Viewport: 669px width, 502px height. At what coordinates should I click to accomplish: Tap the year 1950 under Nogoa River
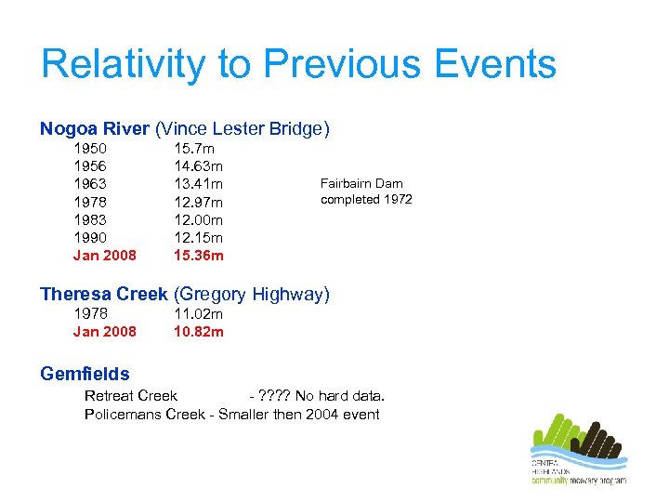90,149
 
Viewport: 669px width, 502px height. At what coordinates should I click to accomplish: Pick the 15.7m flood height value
194,149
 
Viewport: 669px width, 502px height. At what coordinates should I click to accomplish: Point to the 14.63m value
199,166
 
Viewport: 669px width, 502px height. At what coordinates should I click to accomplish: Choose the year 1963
90,184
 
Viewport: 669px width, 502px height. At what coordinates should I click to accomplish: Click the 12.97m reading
199,202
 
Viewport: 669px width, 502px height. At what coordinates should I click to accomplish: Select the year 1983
90,219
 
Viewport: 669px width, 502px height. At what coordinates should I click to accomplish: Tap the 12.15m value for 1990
199,237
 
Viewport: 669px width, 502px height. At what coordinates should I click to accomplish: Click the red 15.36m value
199,256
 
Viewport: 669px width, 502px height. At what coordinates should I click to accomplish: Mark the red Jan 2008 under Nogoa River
104,256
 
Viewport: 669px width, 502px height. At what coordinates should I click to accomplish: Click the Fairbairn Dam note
366,192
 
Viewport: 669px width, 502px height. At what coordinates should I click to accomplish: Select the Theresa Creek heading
103,295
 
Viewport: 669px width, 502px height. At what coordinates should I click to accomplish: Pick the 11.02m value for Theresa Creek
199,314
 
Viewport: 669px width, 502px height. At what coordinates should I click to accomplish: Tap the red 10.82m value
199,332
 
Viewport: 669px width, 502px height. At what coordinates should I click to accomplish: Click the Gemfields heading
85,375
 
